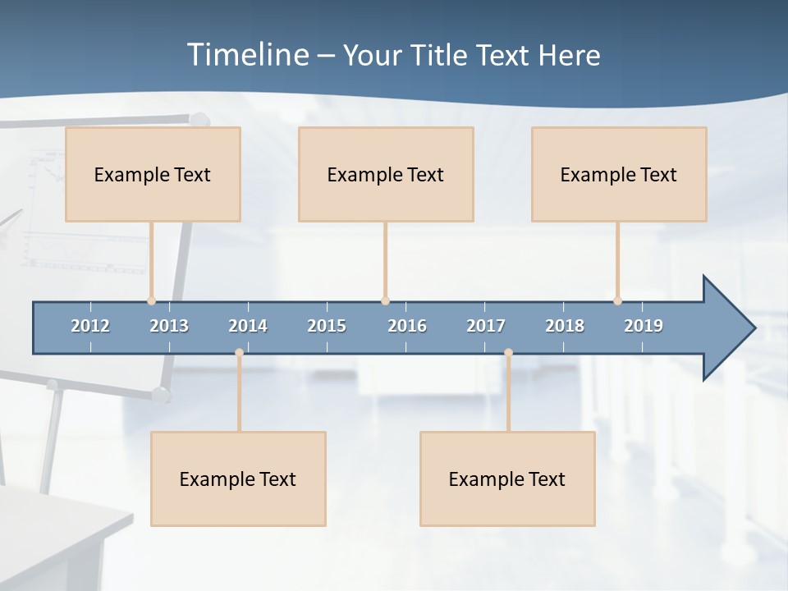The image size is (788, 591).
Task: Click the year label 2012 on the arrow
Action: pos(90,326)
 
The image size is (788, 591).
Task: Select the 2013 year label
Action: pos(169,326)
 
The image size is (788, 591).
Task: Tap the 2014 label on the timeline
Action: pos(248,326)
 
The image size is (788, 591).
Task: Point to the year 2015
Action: pos(327,326)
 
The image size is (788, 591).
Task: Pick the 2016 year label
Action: pos(407,326)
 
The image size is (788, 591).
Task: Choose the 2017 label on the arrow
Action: pos(486,326)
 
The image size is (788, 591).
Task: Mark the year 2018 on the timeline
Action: pos(565,326)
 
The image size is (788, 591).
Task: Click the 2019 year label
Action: pos(644,326)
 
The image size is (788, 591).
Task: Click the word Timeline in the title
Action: pos(247,55)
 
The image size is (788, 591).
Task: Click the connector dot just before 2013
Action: pos(151,301)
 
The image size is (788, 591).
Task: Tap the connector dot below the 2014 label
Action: pos(239,353)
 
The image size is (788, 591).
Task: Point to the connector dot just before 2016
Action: pos(385,301)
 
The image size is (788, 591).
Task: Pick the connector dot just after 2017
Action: pos(508,353)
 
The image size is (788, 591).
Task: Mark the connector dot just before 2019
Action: pos(617,301)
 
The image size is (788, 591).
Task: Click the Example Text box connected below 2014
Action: pos(238,479)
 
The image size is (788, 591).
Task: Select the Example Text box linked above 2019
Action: pos(619,174)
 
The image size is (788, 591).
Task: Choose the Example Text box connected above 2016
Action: pos(386,174)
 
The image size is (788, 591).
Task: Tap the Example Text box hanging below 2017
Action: pos(507,479)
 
